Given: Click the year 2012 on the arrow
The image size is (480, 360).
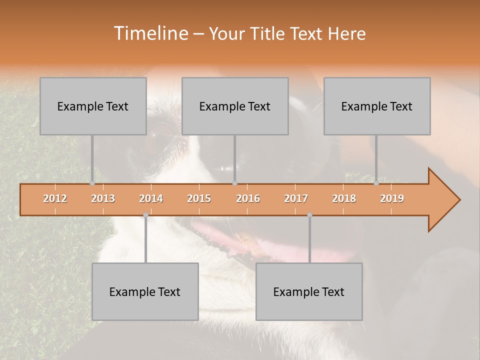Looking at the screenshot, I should coord(55,198).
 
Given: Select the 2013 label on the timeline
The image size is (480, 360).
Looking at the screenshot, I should coord(103,198).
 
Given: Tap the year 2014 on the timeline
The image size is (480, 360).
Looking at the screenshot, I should coord(151,198).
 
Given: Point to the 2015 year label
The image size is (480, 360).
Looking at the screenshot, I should coord(199,198).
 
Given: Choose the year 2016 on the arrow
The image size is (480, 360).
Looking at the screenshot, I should coord(248,198).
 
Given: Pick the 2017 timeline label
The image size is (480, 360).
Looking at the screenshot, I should coord(296,198).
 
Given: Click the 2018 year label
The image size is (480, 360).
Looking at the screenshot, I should coord(344,198).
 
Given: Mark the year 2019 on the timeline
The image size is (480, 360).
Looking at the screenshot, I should coord(392,198).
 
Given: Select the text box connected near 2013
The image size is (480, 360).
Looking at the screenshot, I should coord(93,106).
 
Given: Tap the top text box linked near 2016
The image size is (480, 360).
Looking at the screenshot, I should coord(235,106).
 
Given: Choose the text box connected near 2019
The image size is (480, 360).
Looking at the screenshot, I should coord(377,106).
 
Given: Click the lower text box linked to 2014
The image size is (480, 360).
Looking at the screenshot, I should coord(145,291).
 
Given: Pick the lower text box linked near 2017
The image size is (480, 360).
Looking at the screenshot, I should coord(309,291).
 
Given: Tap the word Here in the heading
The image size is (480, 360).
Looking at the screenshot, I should coord(346,33).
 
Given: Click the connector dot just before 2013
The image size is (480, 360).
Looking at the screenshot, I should coord(92,183).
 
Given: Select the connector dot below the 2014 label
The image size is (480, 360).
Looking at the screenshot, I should coord(145,215).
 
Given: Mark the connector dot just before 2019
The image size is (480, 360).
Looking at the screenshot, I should coord(376,183).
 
